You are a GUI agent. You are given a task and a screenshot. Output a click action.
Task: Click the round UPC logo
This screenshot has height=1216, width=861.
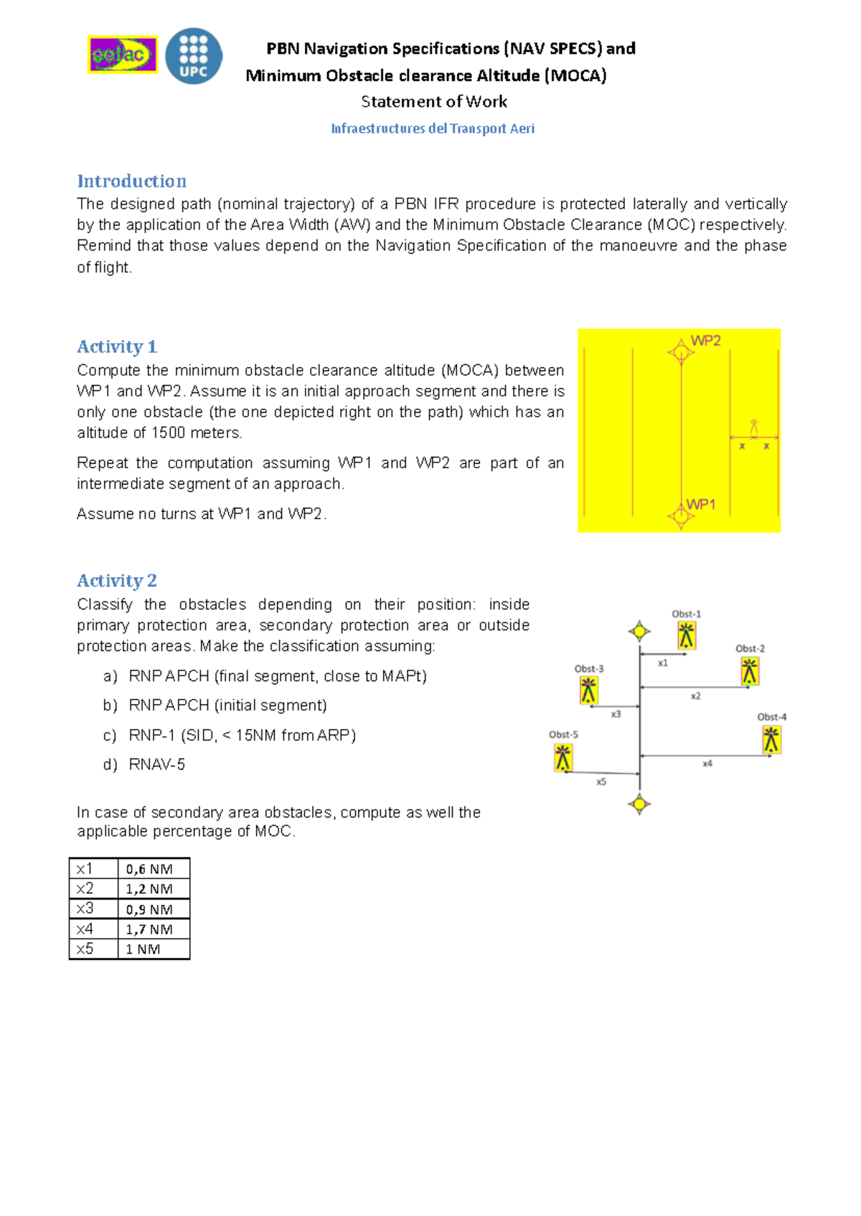click(193, 56)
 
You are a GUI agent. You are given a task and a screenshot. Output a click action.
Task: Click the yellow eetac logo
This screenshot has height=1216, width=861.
click(123, 54)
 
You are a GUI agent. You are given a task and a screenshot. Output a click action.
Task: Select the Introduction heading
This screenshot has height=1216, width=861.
click(131, 181)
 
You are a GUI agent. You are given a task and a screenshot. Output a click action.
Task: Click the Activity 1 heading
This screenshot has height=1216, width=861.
click(116, 346)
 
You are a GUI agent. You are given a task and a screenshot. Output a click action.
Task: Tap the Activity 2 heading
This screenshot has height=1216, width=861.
click(116, 580)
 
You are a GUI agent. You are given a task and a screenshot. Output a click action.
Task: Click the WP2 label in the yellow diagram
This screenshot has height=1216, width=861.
click(705, 341)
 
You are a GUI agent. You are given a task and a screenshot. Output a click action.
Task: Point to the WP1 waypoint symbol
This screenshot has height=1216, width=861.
click(679, 515)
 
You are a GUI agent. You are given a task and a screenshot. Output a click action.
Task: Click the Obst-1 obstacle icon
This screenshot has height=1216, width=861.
click(687, 635)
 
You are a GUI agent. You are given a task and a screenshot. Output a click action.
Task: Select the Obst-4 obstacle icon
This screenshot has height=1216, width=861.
click(771, 739)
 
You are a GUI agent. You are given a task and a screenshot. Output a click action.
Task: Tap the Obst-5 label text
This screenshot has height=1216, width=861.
click(563, 734)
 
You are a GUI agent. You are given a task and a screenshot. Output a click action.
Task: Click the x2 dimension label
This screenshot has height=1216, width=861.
click(695, 695)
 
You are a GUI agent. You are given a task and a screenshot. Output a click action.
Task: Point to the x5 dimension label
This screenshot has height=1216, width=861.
click(601, 782)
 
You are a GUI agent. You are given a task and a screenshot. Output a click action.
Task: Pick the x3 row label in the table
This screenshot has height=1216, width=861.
click(85, 908)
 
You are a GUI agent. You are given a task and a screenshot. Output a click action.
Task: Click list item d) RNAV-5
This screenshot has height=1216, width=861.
click(156, 764)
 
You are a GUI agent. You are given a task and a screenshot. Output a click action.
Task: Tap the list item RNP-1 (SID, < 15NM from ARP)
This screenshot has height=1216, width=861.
click(242, 735)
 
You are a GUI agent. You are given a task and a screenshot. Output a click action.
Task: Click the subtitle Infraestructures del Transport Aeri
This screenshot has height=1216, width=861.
click(433, 128)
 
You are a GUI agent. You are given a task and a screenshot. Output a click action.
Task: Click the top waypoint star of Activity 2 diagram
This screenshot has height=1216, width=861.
click(639, 632)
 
